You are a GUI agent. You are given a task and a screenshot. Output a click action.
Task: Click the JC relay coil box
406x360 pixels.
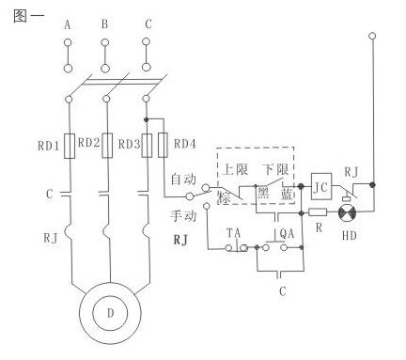tap(321, 186)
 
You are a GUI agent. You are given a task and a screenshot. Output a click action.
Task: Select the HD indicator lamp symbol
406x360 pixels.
tap(347, 213)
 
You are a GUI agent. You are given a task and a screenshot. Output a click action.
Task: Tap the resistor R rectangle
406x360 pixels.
tap(318, 212)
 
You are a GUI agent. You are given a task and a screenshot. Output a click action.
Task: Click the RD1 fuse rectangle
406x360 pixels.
tap(70, 146)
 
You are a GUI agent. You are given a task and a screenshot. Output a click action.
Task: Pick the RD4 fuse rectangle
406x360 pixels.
tap(163, 145)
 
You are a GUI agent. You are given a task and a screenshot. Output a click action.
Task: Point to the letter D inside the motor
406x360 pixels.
tap(111, 313)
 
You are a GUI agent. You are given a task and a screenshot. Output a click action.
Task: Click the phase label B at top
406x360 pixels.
tap(105, 24)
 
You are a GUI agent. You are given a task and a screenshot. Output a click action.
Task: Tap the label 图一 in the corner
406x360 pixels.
tap(29, 16)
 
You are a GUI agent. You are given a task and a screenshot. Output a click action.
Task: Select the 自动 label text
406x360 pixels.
tap(183, 179)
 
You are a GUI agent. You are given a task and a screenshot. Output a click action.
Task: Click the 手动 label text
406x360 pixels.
tap(183, 216)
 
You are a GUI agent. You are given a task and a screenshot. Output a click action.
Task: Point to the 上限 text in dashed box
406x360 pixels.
tap(235, 169)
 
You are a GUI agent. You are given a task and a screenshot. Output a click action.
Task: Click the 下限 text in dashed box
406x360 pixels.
tap(275, 169)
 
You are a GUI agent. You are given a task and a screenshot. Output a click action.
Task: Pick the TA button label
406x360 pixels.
tap(234, 233)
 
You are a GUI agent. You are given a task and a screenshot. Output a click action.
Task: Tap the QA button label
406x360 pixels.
tap(287, 234)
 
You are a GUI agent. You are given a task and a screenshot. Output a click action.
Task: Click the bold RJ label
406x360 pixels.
tap(180, 240)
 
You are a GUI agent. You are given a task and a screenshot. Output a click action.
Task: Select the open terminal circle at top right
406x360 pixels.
tap(372, 36)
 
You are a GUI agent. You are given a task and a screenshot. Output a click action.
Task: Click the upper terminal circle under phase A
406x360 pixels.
tap(68, 42)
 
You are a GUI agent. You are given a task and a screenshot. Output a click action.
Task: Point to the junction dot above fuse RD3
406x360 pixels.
tap(146, 119)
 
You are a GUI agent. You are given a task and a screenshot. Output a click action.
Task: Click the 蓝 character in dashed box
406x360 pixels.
tap(287, 195)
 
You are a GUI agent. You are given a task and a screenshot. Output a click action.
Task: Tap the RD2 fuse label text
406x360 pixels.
tap(88, 143)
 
